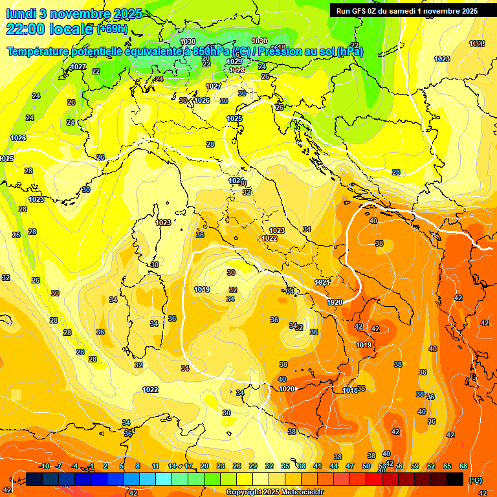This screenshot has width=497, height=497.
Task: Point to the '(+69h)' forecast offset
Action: (112, 29)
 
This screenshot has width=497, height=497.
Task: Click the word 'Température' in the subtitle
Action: (38, 52)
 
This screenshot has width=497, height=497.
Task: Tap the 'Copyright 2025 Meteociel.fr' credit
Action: (275, 492)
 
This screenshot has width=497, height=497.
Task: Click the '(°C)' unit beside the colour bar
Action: (476, 480)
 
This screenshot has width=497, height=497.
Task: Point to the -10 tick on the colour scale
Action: (44, 466)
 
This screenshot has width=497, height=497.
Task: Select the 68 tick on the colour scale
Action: (463, 466)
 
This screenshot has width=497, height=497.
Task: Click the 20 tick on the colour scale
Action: (204, 466)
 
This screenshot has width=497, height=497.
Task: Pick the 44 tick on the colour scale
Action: (334, 466)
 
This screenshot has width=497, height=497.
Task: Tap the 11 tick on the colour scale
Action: (156, 466)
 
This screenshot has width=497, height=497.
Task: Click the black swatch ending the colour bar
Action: (455, 479)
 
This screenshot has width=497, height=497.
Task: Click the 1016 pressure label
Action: (350, 390)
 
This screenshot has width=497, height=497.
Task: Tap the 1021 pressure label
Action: (322, 282)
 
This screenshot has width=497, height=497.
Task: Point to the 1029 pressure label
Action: (235, 61)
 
